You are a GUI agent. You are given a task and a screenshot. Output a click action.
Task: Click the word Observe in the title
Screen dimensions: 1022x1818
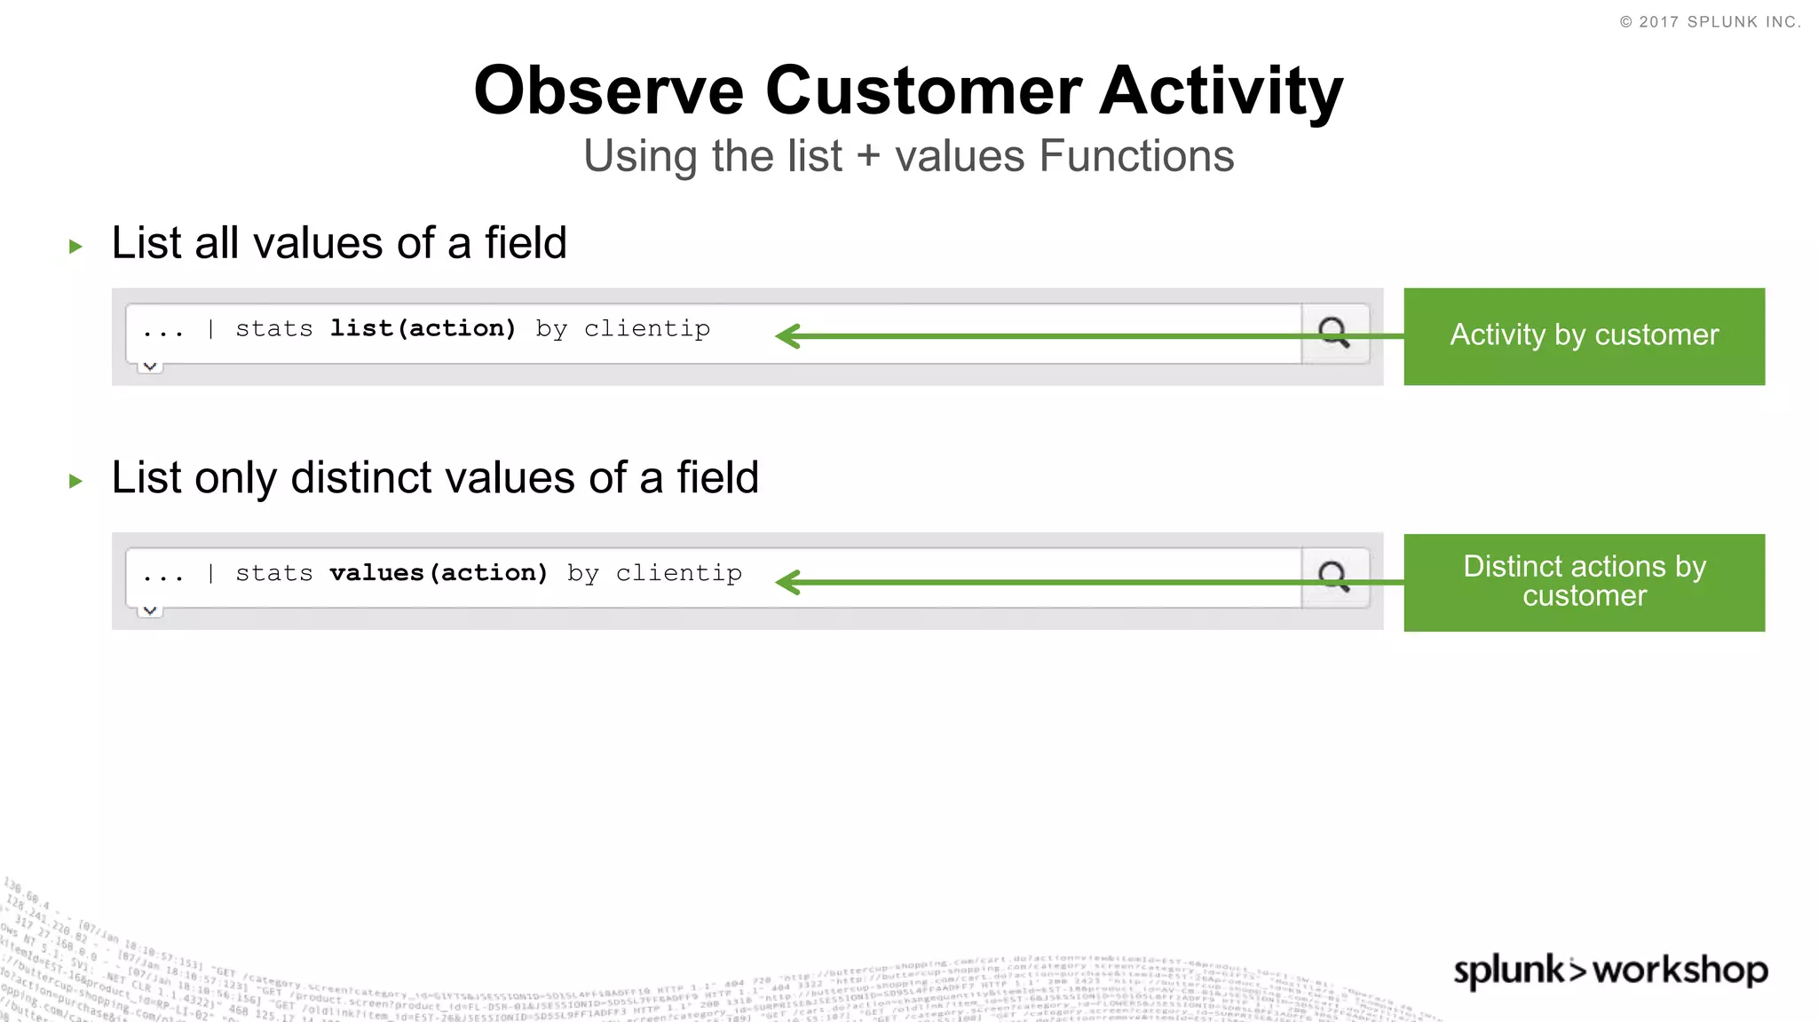pyautogui.click(x=608, y=90)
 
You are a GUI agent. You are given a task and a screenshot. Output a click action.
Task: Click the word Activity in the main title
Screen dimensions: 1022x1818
pyautogui.click(x=1221, y=90)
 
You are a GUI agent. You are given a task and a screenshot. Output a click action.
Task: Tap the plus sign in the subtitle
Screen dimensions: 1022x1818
pyautogui.click(x=868, y=156)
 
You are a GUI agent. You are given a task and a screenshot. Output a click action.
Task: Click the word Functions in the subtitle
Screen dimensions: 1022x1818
pyautogui.click(x=1135, y=156)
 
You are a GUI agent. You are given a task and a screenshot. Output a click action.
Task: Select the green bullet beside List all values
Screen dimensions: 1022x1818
pyautogui.click(x=75, y=247)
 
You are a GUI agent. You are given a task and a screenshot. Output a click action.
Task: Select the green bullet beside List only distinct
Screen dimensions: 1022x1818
pyautogui.click(x=75, y=482)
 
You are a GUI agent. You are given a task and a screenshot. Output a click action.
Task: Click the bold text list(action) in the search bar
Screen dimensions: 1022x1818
pyautogui.click(x=423, y=329)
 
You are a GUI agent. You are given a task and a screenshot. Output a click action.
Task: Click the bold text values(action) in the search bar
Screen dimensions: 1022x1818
pyautogui.click(x=439, y=573)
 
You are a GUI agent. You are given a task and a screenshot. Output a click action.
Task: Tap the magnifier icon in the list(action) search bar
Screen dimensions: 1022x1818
pyautogui.click(x=1333, y=333)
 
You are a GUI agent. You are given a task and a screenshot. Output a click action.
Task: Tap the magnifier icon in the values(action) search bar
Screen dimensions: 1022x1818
pyautogui.click(x=1333, y=577)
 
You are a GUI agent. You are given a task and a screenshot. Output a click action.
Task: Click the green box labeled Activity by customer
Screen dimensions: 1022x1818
pyautogui.click(x=1584, y=336)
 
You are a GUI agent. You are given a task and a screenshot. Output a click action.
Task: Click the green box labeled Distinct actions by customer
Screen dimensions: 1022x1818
pyautogui.click(x=1584, y=582)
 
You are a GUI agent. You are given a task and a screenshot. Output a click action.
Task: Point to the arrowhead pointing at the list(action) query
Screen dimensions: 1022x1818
pyautogui.click(x=786, y=336)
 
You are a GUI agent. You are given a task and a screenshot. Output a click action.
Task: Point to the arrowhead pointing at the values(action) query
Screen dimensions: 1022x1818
pyautogui.click(x=786, y=582)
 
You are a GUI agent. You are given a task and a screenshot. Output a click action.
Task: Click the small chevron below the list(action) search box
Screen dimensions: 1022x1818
pyautogui.click(x=150, y=366)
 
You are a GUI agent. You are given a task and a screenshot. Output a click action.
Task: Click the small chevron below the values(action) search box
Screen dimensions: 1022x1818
pyautogui.click(x=150, y=610)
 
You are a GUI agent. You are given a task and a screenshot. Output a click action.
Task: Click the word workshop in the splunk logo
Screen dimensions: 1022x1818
pyautogui.click(x=1680, y=970)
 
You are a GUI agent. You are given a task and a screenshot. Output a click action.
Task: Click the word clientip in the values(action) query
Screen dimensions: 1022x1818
pyautogui.click(x=678, y=573)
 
